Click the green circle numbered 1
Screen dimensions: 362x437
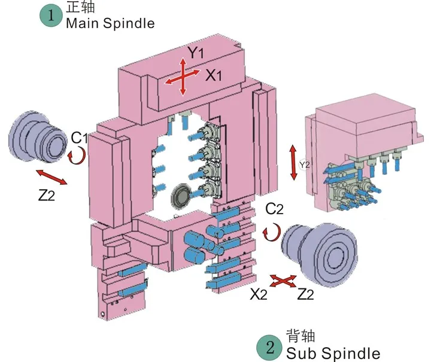point(51,16)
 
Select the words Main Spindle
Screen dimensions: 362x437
point(110,24)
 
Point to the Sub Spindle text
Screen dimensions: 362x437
point(333,353)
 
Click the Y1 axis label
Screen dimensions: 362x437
point(195,53)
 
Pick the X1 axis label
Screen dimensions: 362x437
point(214,75)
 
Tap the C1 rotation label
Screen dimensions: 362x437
point(80,138)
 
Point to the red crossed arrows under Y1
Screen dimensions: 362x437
point(183,77)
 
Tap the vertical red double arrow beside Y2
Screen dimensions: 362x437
point(293,162)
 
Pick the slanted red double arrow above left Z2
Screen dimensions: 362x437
point(51,178)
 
